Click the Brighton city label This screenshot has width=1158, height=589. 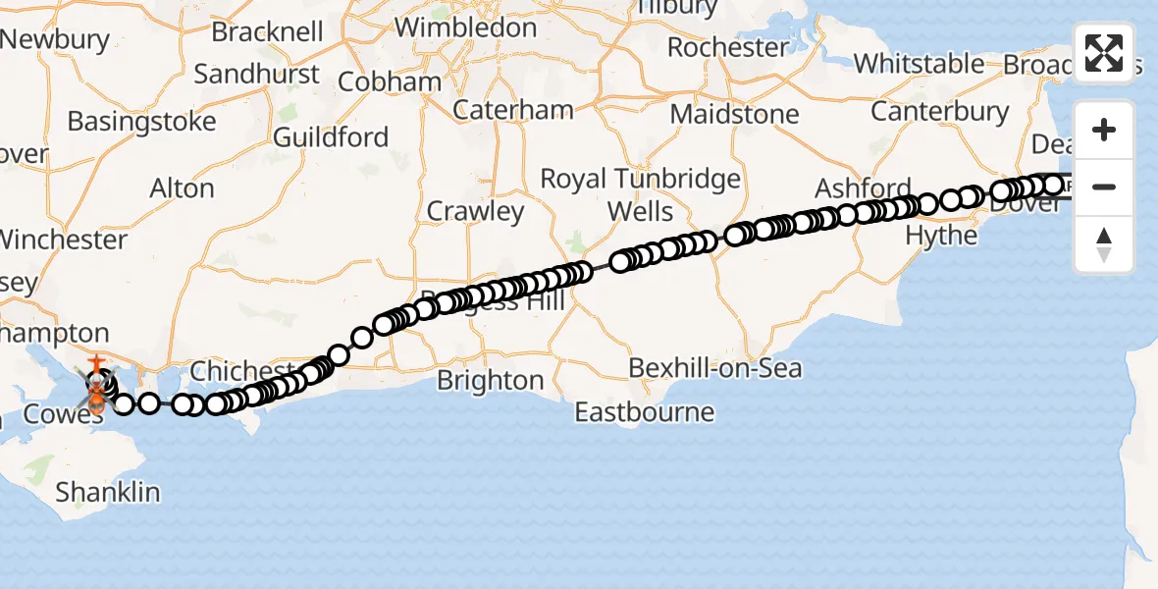[490, 381]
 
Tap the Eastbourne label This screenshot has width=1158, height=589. [644, 411]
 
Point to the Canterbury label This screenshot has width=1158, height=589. [939, 112]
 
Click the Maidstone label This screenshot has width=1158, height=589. [734, 114]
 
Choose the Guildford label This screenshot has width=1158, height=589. [331, 137]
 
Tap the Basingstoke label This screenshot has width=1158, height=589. [141, 122]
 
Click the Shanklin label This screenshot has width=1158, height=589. [107, 492]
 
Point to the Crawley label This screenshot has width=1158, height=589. [475, 211]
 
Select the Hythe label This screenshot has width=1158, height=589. [941, 236]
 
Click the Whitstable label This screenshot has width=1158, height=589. [919, 64]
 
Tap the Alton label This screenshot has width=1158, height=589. [182, 188]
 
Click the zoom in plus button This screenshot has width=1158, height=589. [1104, 131]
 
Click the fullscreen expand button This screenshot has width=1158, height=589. [1104, 53]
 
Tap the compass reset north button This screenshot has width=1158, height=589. [1104, 244]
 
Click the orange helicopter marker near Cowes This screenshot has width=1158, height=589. [97, 398]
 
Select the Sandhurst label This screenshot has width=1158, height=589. [256, 74]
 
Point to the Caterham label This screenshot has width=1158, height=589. [513, 109]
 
